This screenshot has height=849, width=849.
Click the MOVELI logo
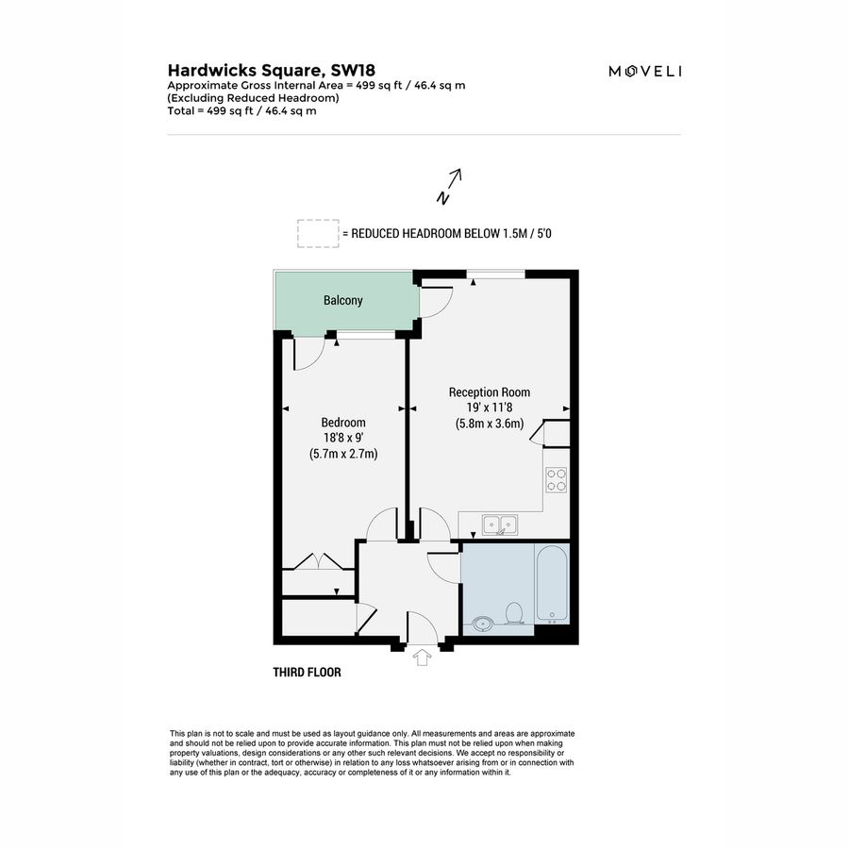point(645,71)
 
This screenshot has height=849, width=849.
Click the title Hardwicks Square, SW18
point(246,70)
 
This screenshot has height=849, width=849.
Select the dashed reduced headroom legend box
point(317,233)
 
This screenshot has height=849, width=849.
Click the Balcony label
point(342,301)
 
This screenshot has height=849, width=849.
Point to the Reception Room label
point(489,392)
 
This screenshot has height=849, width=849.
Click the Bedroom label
point(342,423)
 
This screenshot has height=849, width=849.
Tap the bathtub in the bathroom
point(553,583)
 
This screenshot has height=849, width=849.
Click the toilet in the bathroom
point(515,613)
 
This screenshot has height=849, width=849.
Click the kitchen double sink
point(498,524)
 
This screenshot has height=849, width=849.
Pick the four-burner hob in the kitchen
point(557,481)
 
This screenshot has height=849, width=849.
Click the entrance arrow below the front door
point(422,658)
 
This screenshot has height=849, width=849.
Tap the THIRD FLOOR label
point(307,673)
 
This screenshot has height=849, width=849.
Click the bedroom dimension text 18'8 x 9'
point(342,438)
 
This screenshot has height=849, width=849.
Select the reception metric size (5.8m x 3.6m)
point(489,424)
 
